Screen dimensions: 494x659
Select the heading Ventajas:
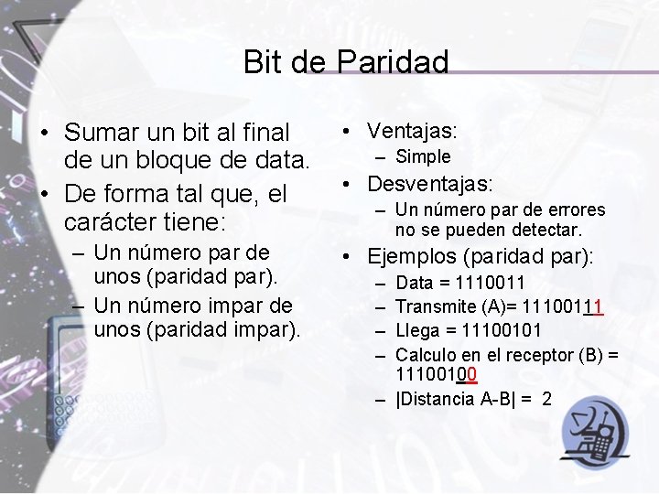[x=412, y=131]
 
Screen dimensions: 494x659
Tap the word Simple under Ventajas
[x=423, y=156]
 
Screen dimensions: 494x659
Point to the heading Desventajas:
[x=430, y=183]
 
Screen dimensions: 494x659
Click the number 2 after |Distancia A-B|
[x=546, y=399]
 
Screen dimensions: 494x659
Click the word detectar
[x=548, y=230]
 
